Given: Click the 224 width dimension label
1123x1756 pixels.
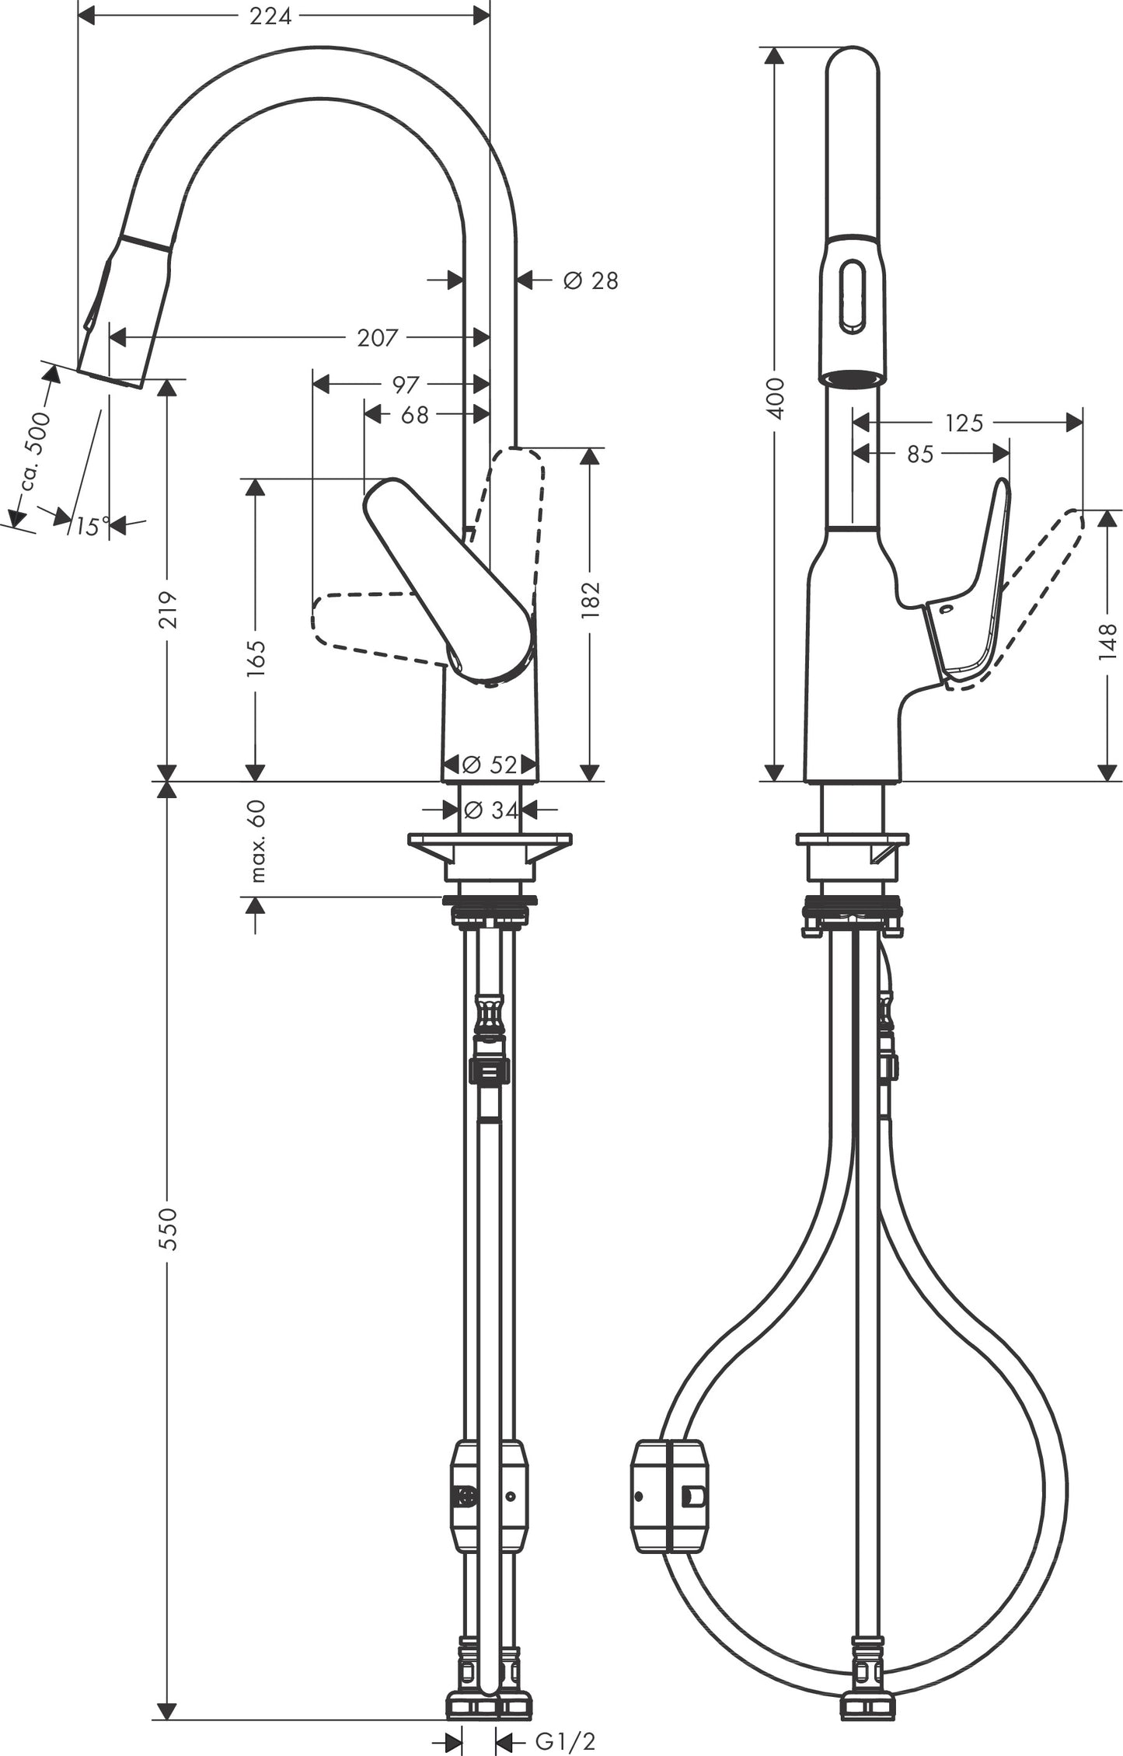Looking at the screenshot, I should [270, 16].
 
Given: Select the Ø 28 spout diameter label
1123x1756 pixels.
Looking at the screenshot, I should [591, 280].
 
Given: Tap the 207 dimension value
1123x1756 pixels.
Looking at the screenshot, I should [377, 337].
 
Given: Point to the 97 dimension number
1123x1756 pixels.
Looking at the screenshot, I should [406, 384].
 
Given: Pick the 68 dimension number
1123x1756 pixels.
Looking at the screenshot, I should [414, 415].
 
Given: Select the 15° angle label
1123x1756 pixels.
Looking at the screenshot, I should [92, 527].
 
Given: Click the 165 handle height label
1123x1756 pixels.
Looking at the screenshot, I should [256, 658].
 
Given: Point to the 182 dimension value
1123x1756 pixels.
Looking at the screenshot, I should [591, 598].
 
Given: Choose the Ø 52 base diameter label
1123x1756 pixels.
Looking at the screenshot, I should [490, 765].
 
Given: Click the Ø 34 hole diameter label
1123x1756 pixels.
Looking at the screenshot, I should [490, 810].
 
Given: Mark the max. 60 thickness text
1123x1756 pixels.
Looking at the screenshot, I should [257, 841].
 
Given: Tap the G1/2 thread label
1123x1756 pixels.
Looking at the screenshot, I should [565, 1741].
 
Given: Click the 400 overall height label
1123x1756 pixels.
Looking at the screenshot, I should [776, 398].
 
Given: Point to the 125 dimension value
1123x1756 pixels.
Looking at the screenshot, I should [964, 423].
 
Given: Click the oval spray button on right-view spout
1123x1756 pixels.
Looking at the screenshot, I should [853, 298].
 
